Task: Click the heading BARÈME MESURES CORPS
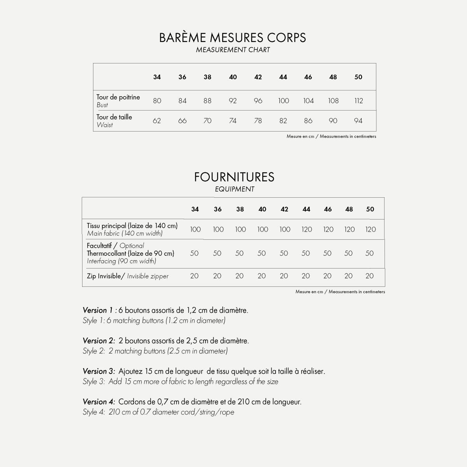point(233,38)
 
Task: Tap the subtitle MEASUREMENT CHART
point(233,50)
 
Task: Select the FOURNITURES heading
point(234,177)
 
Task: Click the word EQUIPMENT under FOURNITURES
point(234,189)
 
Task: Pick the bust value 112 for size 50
point(358,101)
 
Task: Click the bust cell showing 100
point(283,101)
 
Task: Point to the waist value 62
point(157,121)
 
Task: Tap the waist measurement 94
point(358,121)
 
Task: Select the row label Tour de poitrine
point(118,97)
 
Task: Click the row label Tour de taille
point(114,117)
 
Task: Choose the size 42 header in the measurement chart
point(258,77)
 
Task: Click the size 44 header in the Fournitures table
point(306,209)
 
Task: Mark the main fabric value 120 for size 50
point(370,229)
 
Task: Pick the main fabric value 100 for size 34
point(195,229)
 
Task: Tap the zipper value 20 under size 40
point(262,276)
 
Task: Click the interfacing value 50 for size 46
point(327,253)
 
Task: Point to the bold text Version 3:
point(99,371)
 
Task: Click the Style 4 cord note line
point(158,412)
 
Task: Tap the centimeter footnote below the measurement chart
point(331,137)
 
